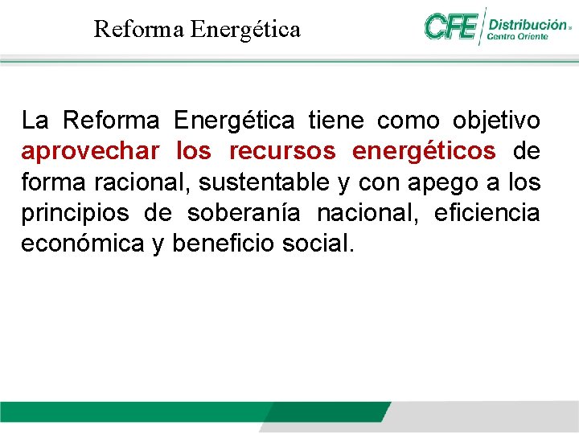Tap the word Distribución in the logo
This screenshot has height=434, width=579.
coord(527,24)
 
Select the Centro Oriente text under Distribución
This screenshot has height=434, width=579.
coord(518,36)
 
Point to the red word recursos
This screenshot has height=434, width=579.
coord(281,152)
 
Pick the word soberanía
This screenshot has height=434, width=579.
coord(244,213)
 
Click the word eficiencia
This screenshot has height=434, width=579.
coord(487,213)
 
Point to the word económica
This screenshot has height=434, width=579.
coord(82,244)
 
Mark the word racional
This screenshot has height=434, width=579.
coord(142,182)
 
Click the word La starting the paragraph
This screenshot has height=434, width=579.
coord(35,121)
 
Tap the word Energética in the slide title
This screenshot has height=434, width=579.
coord(245,30)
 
